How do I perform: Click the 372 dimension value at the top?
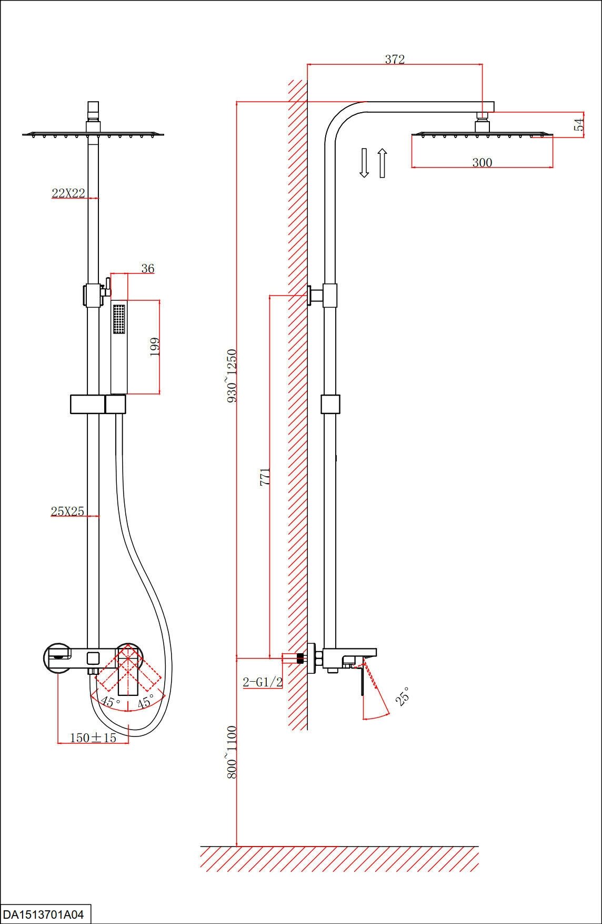(x=395, y=59)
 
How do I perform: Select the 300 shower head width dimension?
(x=482, y=162)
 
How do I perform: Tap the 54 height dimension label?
(x=579, y=125)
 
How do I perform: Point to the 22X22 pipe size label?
(x=68, y=193)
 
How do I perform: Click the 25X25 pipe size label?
(x=67, y=511)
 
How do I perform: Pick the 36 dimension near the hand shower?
(x=148, y=268)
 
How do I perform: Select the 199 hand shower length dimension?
(x=155, y=347)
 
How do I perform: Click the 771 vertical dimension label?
(x=265, y=476)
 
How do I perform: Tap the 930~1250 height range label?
(x=232, y=375)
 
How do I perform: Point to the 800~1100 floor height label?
(x=232, y=752)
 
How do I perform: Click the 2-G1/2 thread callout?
(x=263, y=682)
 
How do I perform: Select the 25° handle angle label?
(x=403, y=696)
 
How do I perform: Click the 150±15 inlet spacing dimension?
(x=93, y=738)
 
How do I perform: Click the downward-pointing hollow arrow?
(x=364, y=163)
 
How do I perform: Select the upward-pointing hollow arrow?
(x=383, y=163)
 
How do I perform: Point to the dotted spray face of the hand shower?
(x=119, y=319)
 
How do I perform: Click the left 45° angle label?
(x=111, y=702)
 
